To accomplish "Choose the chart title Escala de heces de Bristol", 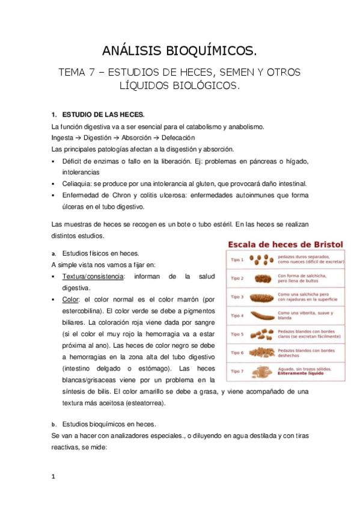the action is pyautogui.click(x=284, y=245).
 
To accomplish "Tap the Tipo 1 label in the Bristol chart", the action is pyautogui.click(x=237, y=260).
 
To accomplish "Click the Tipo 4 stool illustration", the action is pyautogui.click(x=260, y=315).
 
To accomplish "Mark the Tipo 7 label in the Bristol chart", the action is pyautogui.click(x=237, y=371).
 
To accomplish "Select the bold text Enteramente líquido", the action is pyautogui.click(x=306, y=374).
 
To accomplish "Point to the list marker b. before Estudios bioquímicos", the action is pyautogui.click(x=54, y=424).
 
